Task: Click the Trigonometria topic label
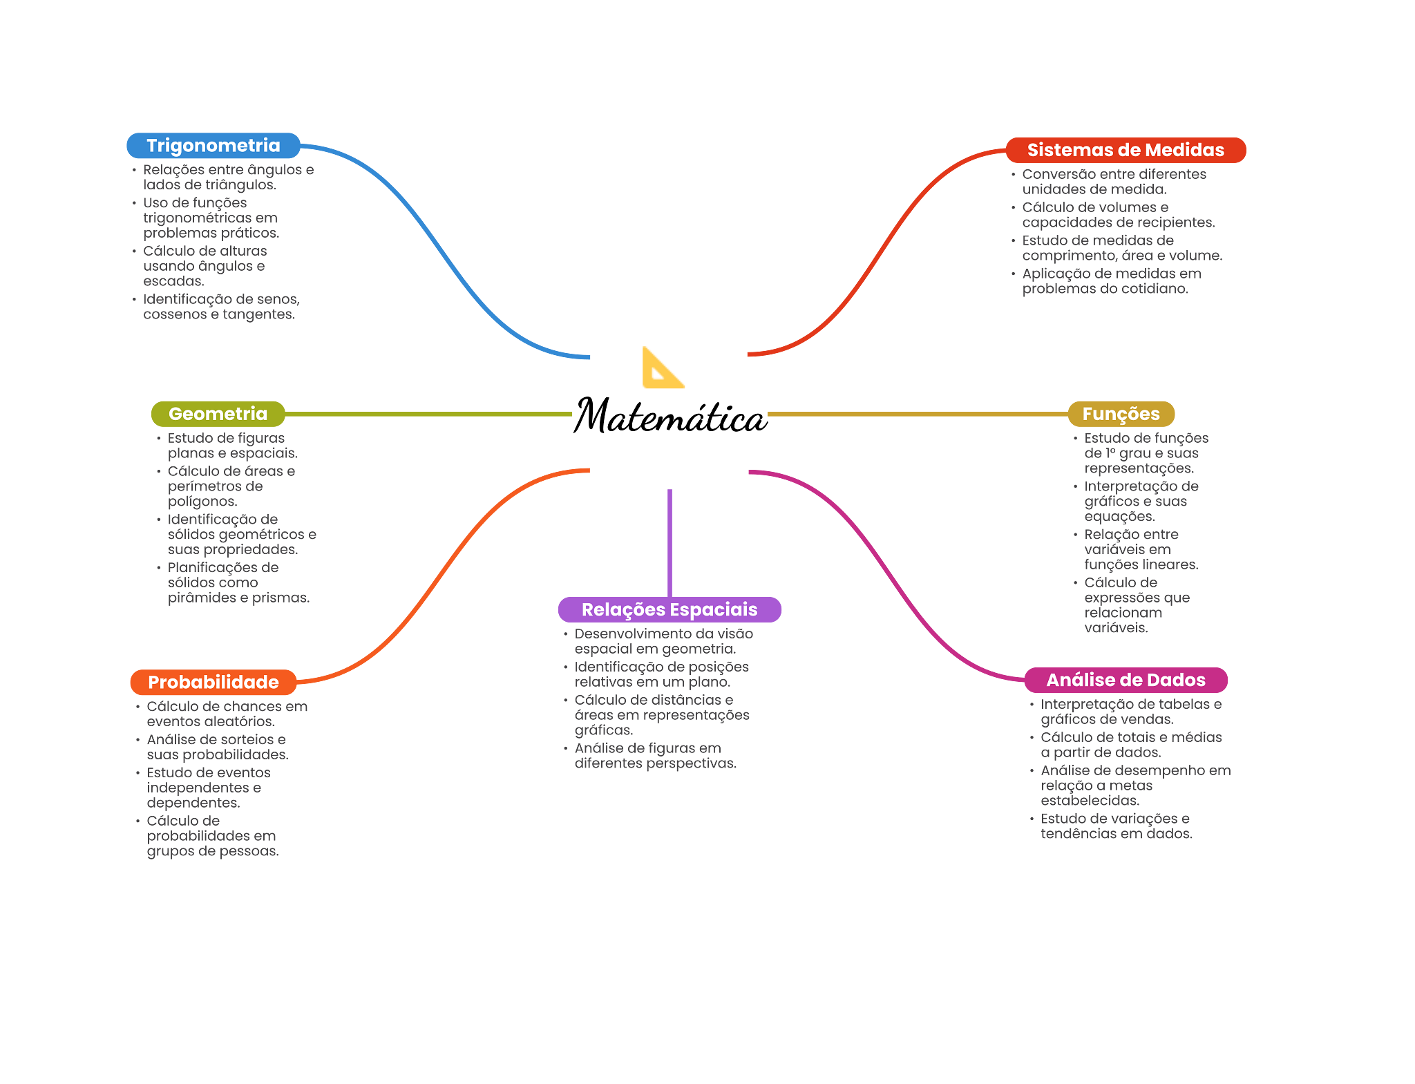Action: [x=213, y=146]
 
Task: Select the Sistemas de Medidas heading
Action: [x=1126, y=150]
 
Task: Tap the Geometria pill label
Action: [x=218, y=414]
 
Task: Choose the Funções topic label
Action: [x=1121, y=414]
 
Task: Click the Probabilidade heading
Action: [x=213, y=683]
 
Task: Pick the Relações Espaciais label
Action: [x=669, y=610]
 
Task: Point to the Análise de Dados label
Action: [x=1126, y=680]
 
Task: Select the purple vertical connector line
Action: [x=669, y=542]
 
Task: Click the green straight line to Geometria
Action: [x=428, y=415]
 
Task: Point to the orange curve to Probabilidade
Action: [x=442, y=573]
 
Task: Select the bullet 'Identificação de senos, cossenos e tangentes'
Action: [x=220, y=307]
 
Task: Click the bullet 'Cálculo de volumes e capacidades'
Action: [x=1117, y=215]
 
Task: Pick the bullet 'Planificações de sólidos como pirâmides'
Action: [x=237, y=582]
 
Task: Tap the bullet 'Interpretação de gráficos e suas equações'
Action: [x=1140, y=502]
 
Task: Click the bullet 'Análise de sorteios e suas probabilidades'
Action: [x=216, y=747]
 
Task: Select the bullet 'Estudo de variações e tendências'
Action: [x=1115, y=826]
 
